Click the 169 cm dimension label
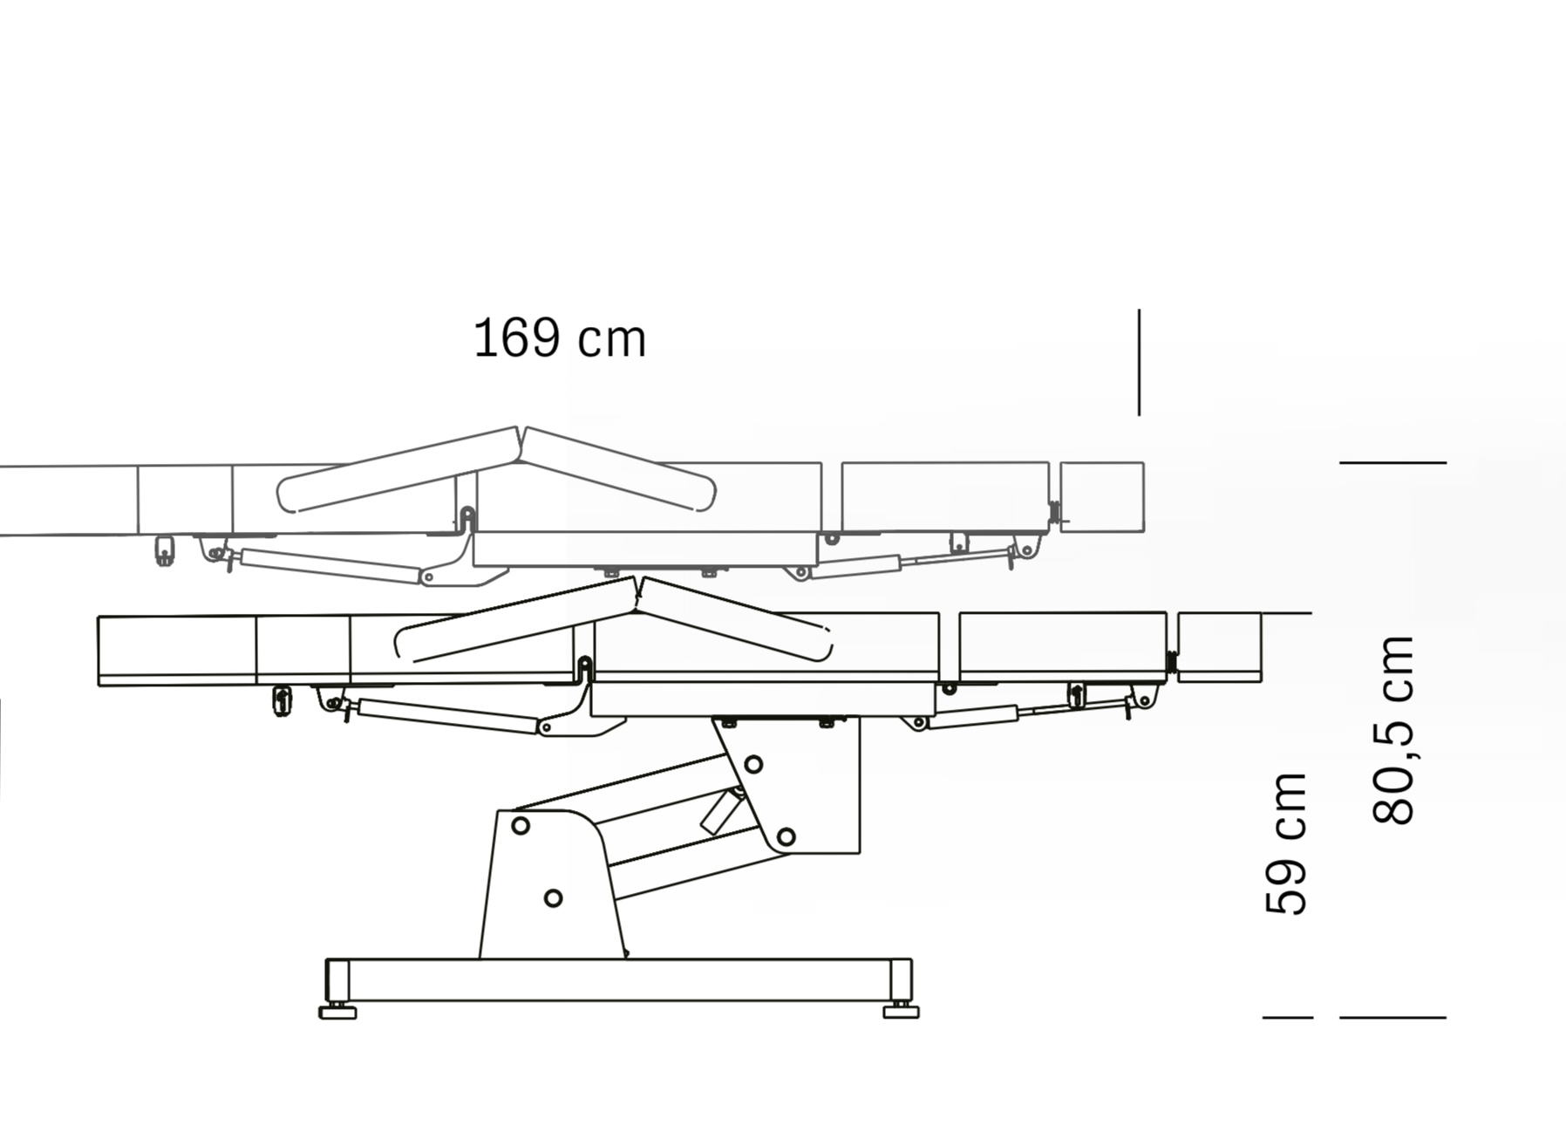coord(559,338)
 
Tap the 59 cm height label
coord(1286,843)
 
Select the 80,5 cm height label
coord(1392,730)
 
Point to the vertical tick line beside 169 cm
coord(1139,362)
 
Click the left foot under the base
coord(337,1011)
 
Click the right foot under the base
coord(901,1011)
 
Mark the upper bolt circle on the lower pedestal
coord(521,825)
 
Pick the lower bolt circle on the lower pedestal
coord(553,897)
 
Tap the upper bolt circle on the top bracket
coord(753,765)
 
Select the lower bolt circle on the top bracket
coord(786,837)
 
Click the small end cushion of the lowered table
coord(1220,647)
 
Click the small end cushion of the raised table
coord(1102,497)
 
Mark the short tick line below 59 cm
coord(1288,1017)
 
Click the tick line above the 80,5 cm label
coord(1392,462)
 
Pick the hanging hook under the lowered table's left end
coord(282,700)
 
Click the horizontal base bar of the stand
coord(619,980)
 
